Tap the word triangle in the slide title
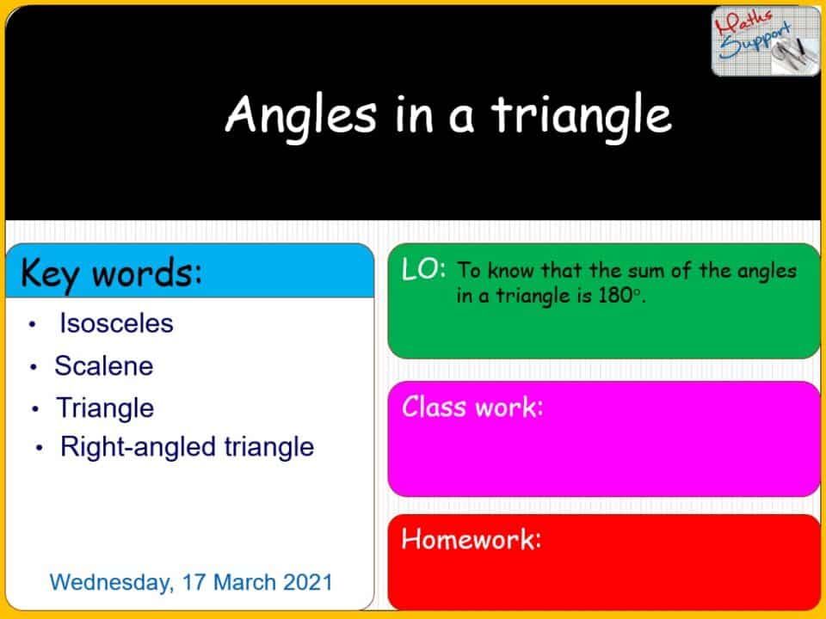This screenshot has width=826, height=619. [581, 115]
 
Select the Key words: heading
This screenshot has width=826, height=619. [111, 273]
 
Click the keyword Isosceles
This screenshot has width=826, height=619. [116, 323]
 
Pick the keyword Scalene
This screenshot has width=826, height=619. [103, 366]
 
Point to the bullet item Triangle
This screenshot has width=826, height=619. [105, 408]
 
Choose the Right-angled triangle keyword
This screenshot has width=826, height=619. [187, 447]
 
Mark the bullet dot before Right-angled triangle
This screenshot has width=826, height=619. [40, 448]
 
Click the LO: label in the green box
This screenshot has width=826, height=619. [423, 269]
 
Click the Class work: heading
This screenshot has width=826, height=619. [472, 407]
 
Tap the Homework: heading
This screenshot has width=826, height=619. [472, 540]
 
